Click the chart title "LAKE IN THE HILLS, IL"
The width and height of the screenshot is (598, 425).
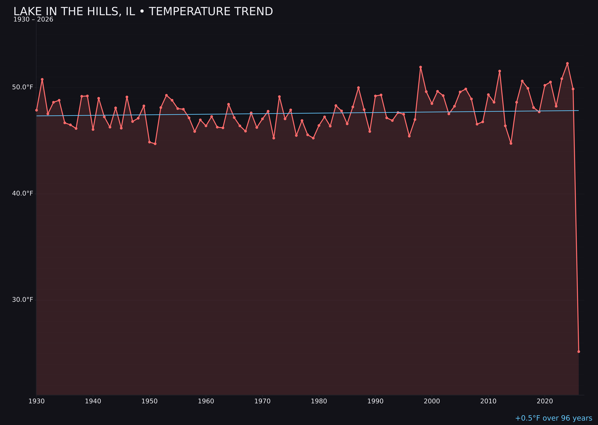tap(143, 12)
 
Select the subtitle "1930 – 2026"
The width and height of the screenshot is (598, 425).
tap(33, 20)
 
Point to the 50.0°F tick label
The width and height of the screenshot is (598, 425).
tap(23, 87)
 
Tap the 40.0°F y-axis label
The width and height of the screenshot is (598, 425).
tap(23, 193)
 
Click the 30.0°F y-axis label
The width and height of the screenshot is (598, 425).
tap(23, 300)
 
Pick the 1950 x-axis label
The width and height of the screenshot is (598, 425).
tap(149, 401)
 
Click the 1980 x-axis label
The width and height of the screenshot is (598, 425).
tap(319, 401)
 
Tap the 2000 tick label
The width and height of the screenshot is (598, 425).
tap(432, 401)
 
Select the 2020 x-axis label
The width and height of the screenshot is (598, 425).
tap(545, 401)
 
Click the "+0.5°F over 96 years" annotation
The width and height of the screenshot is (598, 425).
tap(553, 418)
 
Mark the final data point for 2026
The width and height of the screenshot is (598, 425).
tap(579, 351)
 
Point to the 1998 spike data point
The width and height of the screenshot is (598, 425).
tap(421, 67)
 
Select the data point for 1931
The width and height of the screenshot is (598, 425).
tap(42, 79)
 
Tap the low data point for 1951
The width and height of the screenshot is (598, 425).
tap(155, 144)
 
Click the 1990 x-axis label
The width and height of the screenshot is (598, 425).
tap(375, 401)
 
